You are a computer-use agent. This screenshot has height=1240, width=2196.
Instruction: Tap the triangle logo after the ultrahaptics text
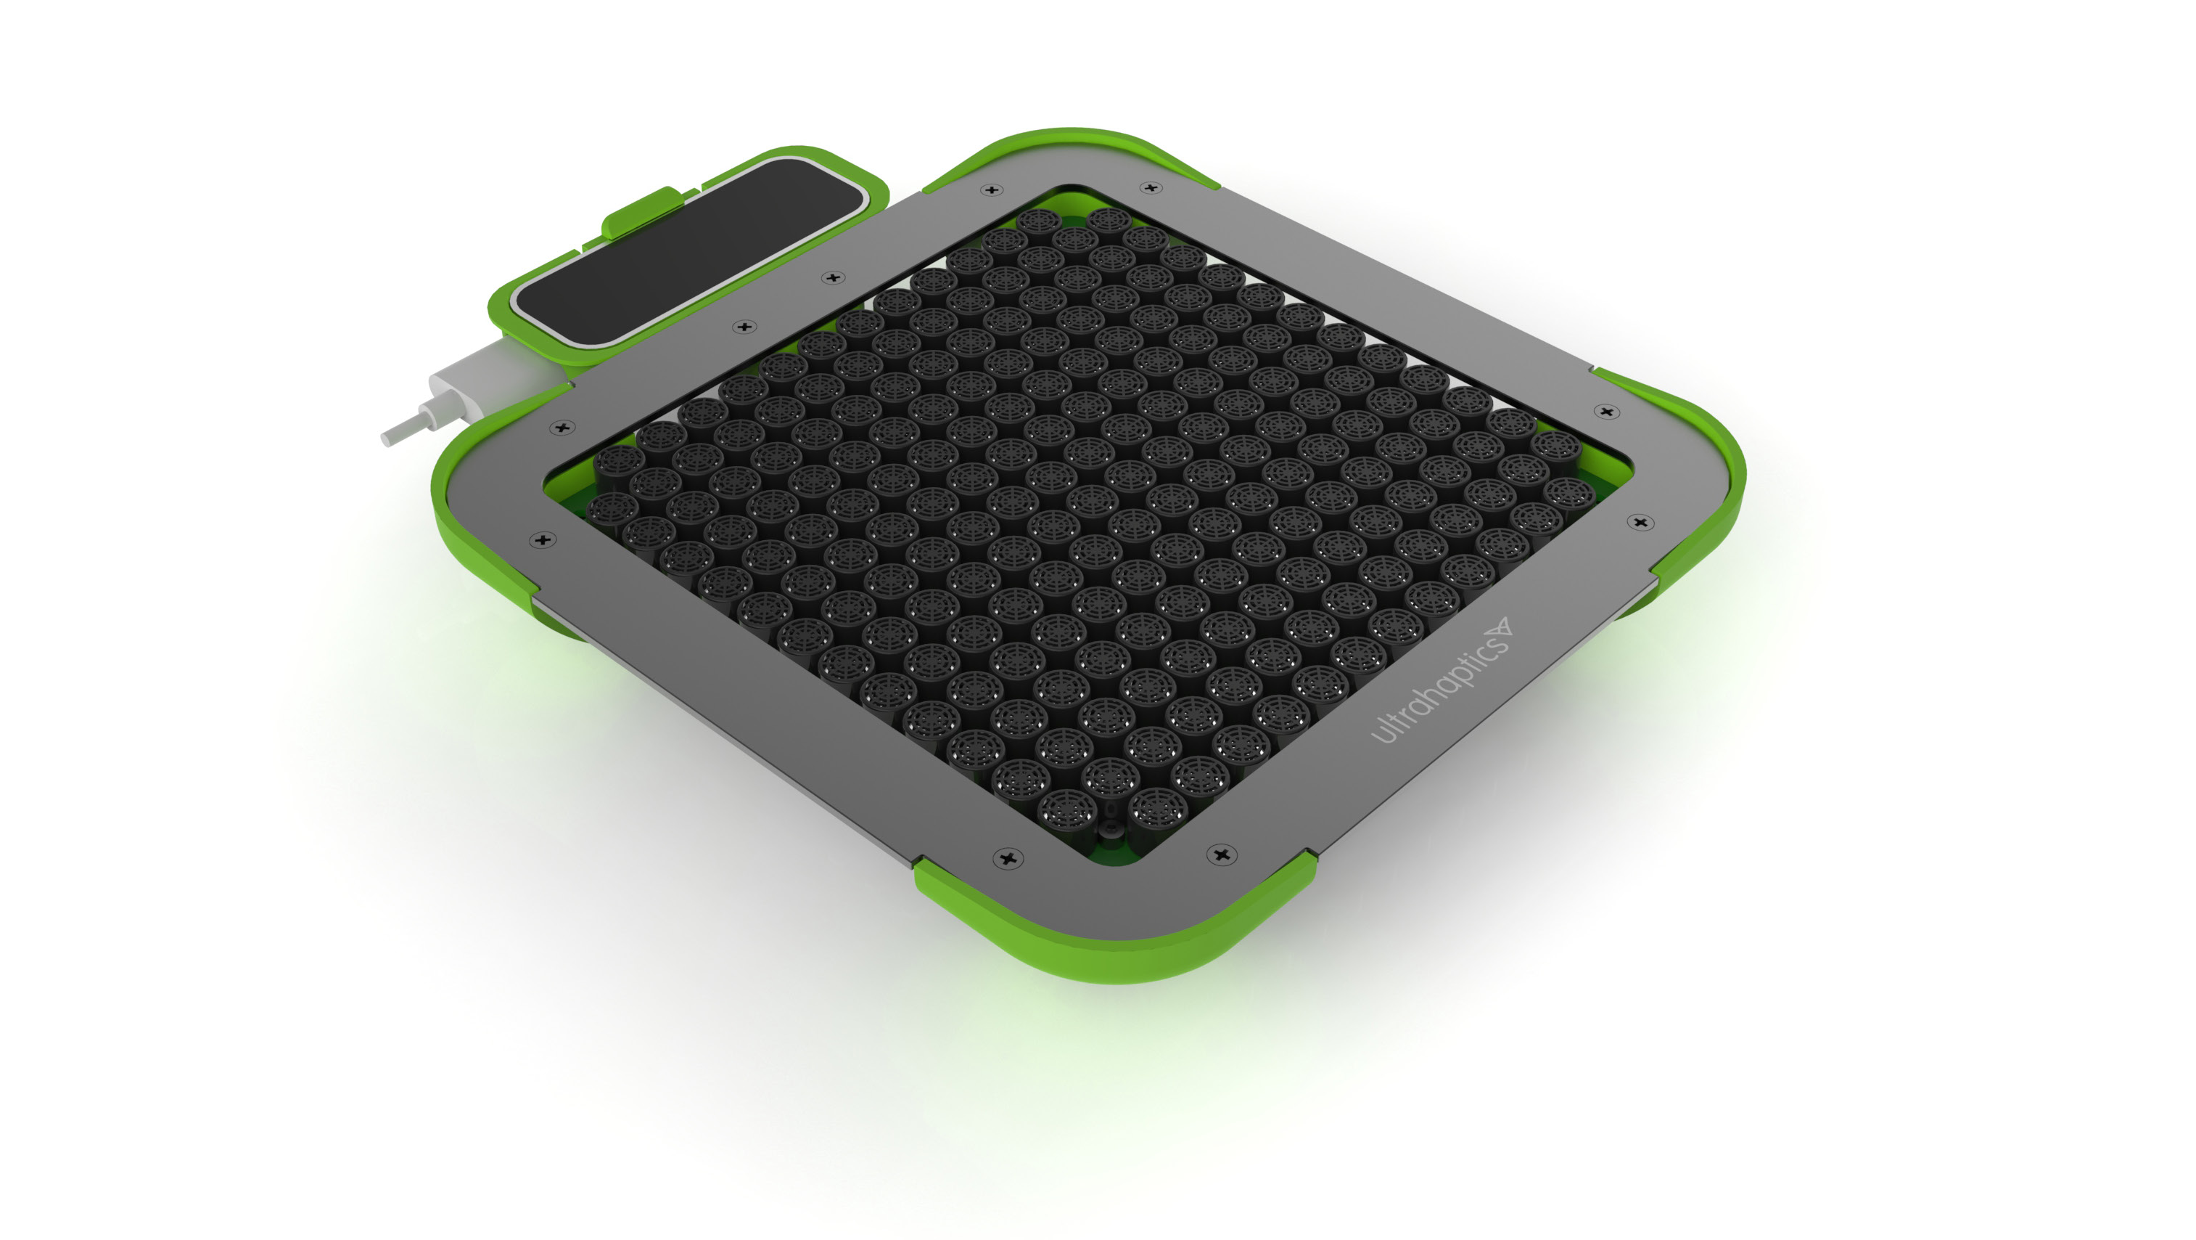[x=1499, y=630]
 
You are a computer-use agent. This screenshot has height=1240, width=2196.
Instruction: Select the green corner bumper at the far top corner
[x=1074, y=145]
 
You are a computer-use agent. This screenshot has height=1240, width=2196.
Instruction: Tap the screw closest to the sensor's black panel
[x=833, y=277]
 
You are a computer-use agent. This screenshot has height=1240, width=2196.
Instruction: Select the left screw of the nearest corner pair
[x=1008, y=857]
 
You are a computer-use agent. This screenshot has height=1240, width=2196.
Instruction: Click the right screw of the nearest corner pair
[x=1222, y=854]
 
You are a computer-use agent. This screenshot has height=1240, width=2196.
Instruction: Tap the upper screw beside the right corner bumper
[x=1606, y=412]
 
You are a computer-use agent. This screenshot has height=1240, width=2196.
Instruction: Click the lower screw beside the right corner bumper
[x=1640, y=522]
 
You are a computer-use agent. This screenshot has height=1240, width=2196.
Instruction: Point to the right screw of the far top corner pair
[x=1151, y=187]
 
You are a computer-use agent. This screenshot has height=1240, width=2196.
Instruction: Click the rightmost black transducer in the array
[x=1567, y=492]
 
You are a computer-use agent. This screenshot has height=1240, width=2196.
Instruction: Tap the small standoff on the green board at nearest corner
[x=1111, y=830]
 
